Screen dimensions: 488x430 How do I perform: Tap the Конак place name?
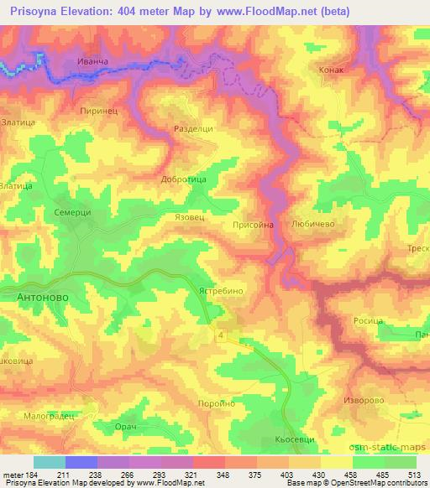coord(333,71)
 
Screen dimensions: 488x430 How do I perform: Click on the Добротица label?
coord(183,179)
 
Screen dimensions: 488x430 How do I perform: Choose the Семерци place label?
coord(72,212)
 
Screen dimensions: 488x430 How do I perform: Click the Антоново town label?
coord(42,297)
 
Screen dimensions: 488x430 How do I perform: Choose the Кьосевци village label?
coord(293,440)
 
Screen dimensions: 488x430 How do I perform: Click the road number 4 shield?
coord(221,335)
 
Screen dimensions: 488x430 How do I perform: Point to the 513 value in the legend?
coord(415,475)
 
